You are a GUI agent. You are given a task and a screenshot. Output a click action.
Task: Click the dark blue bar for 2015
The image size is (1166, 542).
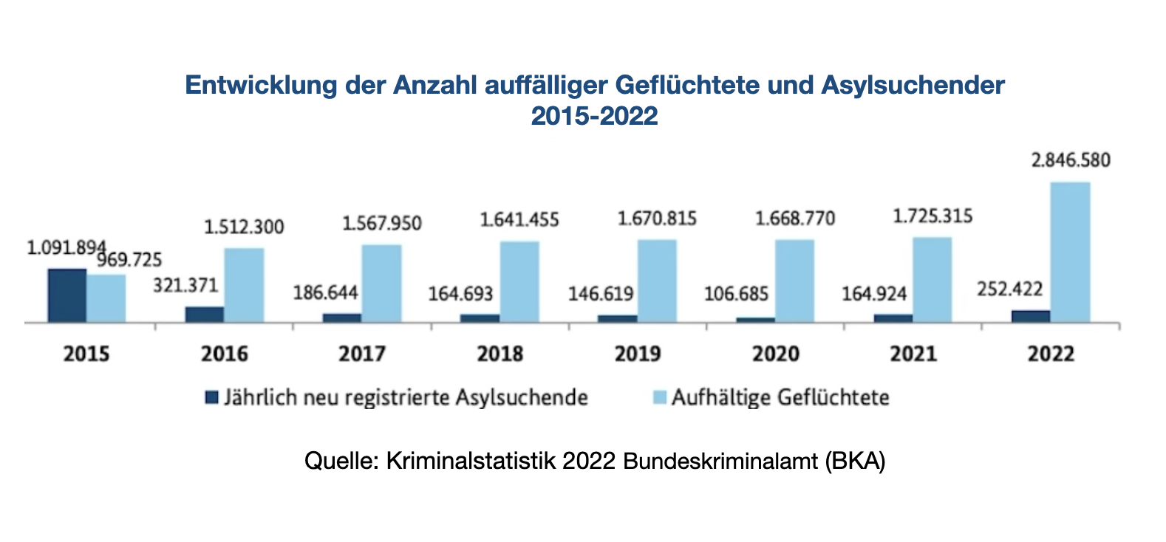[67, 295]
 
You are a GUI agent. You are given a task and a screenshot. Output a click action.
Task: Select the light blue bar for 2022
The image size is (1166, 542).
[1070, 252]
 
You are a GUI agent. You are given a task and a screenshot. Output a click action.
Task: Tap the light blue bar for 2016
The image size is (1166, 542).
[244, 285]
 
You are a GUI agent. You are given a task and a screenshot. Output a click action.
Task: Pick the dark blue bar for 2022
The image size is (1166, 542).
[1030, 316]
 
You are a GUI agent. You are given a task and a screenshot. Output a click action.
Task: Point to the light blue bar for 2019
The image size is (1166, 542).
[657, 281]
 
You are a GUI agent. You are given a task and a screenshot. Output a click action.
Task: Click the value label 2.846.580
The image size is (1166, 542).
[1071, 160]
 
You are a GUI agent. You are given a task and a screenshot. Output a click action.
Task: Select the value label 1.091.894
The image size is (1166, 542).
[65, 248]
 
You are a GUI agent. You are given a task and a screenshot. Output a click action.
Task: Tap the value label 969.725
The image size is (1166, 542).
[130, 260]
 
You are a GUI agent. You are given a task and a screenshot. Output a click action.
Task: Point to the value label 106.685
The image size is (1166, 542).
[736, 294]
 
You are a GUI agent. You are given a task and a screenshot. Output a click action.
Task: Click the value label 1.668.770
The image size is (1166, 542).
[795, 219]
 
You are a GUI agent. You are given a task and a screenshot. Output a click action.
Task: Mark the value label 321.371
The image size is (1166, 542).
[185, 285]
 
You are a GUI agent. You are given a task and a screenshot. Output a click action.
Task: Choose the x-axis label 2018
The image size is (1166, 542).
[500, 354]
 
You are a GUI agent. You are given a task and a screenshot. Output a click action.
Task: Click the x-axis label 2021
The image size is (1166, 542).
[913, 354]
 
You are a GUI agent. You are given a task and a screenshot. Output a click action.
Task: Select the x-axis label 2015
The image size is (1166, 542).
[86, 354]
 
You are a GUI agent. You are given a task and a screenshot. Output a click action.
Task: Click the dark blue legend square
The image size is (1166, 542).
[212, 398]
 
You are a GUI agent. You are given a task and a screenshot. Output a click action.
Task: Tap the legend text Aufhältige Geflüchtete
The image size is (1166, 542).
[780, 398]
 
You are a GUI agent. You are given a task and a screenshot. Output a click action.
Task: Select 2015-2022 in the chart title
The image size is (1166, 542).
[594, 116]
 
